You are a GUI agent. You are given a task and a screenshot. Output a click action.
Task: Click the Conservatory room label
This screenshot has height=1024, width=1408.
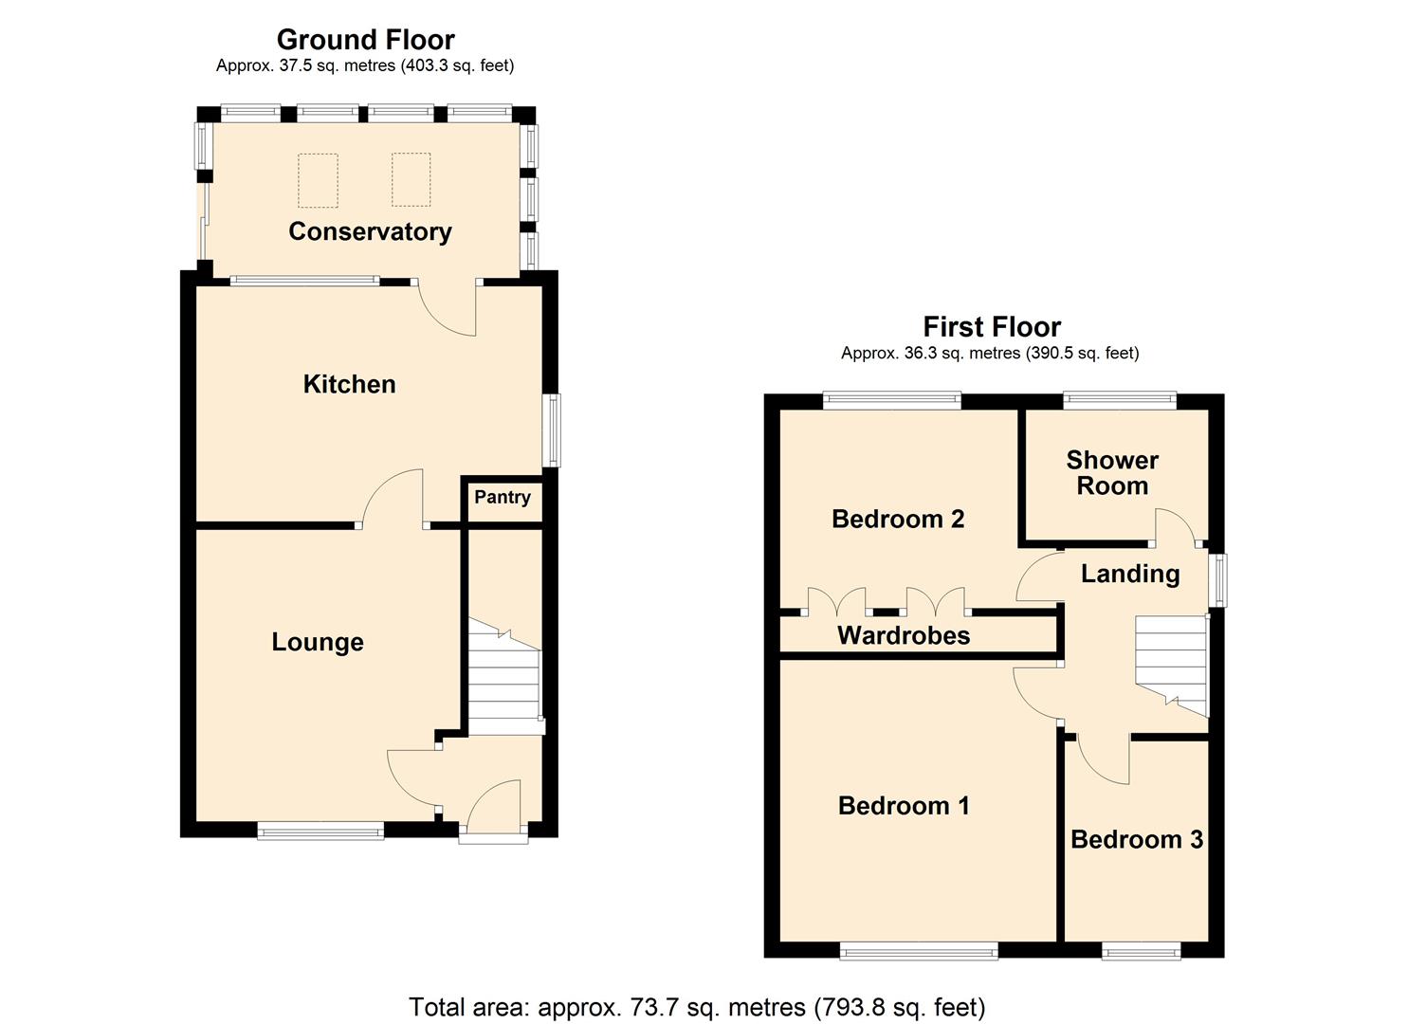[370, 231]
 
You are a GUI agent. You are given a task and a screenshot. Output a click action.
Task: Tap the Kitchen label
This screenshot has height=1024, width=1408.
[349, 384]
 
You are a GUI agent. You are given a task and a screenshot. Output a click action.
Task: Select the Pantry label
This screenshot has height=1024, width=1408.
[502, 497]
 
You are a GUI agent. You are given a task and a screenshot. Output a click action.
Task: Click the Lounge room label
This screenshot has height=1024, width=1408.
[318, 642]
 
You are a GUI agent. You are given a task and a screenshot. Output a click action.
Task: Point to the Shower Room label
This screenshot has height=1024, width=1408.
[1112, 473]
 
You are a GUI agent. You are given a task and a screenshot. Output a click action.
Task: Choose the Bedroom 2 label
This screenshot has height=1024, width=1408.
[898, 519]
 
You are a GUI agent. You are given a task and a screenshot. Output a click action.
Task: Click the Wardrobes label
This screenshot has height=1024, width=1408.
[904, 635]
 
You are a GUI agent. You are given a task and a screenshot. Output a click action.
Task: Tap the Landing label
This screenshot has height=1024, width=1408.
[1130, 574]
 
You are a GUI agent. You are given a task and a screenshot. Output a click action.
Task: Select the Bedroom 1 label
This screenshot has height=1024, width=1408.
[904, 806]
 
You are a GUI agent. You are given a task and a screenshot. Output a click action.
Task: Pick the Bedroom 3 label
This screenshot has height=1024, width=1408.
[1137, 839]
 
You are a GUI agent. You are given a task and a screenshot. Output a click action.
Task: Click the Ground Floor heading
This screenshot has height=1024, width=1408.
[365, 39]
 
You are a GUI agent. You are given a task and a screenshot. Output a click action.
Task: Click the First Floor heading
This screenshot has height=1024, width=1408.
[992, 327]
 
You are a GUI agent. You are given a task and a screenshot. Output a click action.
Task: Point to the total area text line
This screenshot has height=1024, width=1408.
[697, 1006]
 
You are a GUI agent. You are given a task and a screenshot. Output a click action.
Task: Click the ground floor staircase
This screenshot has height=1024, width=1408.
[504, 678]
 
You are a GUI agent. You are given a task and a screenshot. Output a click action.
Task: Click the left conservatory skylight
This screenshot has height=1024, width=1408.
[318, 180]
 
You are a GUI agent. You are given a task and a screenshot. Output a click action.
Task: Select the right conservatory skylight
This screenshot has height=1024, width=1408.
[411, 180]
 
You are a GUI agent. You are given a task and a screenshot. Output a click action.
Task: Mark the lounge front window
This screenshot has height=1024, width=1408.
[320, 832]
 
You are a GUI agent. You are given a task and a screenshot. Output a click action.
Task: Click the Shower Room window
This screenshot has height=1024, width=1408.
[1120, 400]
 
